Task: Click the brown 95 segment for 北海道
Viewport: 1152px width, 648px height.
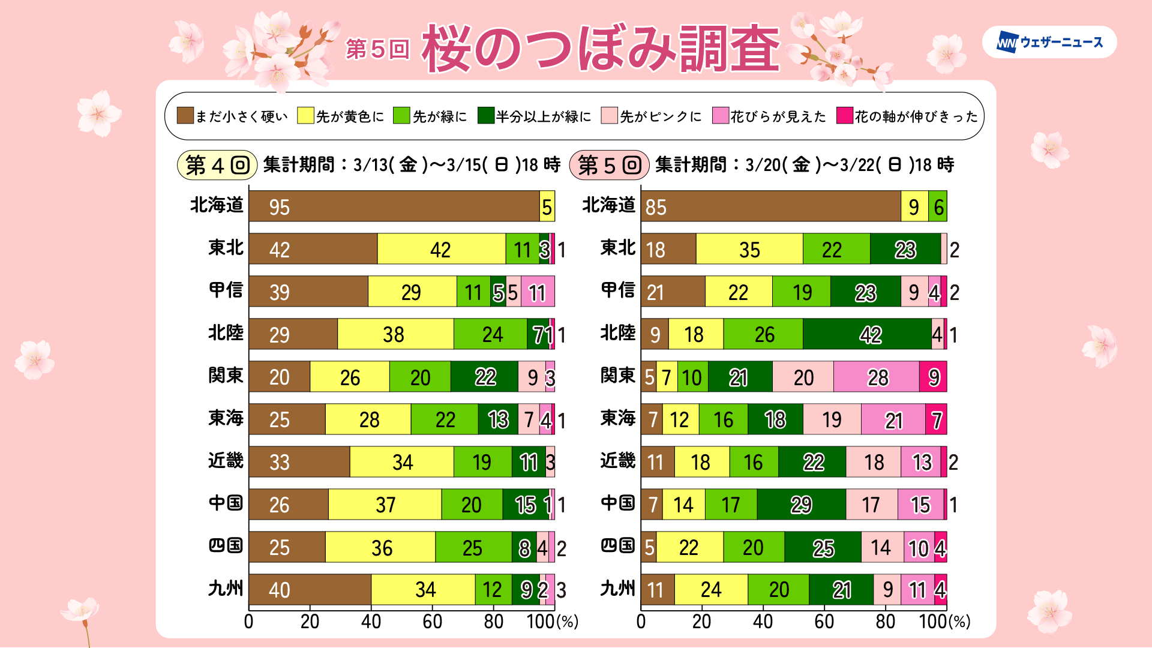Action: [x=394, y=206]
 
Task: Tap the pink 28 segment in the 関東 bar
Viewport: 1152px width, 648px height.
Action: [x=877, y=377]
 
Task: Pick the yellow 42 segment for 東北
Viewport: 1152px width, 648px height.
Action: [x=441, y=249]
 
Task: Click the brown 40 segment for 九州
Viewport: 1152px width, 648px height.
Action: [x=310, y=590]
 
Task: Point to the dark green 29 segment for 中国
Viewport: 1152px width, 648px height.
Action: [x=801, y=505]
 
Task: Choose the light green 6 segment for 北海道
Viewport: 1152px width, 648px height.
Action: [x=938, y=206]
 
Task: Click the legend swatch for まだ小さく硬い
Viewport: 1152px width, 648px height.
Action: [x=185, y=116]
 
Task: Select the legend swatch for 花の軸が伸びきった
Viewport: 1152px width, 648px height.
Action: [x=845, y=116]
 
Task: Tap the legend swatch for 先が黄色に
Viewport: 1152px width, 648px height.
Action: [x=305, y=116]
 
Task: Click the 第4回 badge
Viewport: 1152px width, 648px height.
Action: [x=217, y=165]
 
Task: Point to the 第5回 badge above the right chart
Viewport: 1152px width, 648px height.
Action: [x=609, y=165]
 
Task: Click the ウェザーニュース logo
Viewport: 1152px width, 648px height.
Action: [x=1049, y=42]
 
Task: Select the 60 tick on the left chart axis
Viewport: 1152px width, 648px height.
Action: [x=432, y=622]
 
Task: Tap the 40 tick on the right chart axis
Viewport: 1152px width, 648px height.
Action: [x=763, y=622]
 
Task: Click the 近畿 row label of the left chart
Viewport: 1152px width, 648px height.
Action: [x=226, y=461]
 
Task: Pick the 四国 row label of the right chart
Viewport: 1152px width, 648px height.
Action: [x=617, y=546]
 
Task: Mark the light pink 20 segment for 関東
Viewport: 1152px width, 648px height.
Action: [x=803, y=377]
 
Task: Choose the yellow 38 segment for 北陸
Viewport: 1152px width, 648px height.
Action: [x=395, y=334]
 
